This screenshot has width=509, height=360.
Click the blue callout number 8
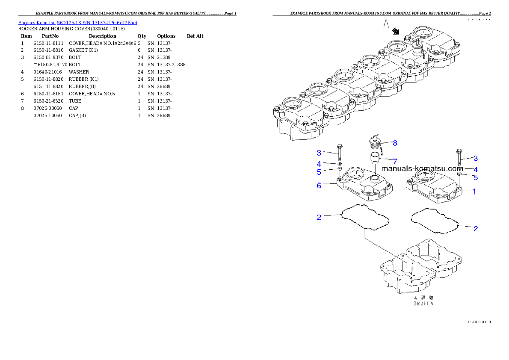point(395,143)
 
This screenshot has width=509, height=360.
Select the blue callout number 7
point(395,162)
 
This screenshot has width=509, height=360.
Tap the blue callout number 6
point(319,185)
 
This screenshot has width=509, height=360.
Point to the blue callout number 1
point(474,192)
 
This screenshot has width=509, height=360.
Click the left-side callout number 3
point(319,153)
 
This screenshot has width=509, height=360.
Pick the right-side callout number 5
point(475,177)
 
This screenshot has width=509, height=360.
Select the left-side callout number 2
point(319,218)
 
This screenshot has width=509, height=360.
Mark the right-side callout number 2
point(475,229)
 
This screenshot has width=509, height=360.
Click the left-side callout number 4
point(319,164)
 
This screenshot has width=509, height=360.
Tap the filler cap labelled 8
point(374,142)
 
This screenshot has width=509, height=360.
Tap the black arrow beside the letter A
point(397,31)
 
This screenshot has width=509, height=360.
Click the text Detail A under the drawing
point(423,304)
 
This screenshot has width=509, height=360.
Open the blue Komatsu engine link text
point(77,23)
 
